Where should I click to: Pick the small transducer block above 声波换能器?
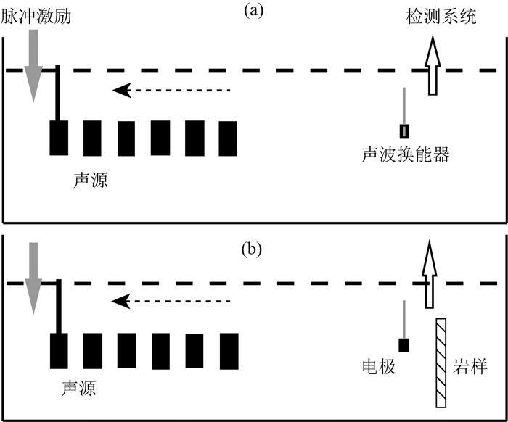click(x=404, y=131)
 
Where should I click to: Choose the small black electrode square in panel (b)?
click(x=404, y=345)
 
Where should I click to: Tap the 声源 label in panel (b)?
click(x=78, y=389)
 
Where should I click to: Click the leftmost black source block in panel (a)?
click(x=59, y=138)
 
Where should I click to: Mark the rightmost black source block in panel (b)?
click(x=229, y=351)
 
